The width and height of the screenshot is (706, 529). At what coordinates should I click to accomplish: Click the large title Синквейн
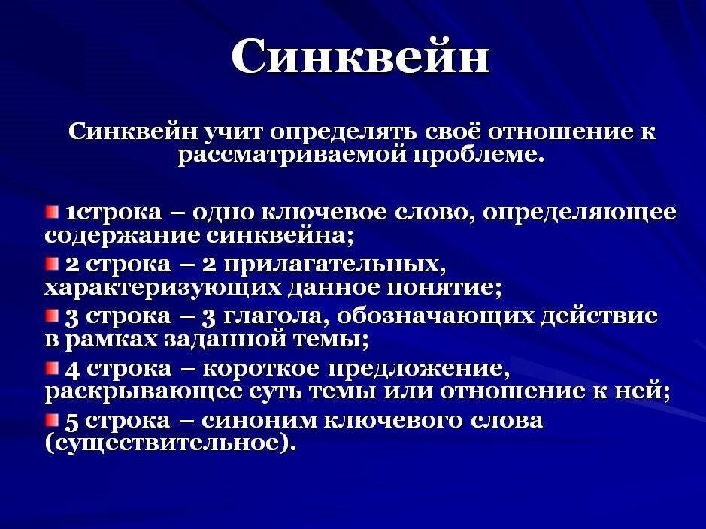click(x=360, y=56)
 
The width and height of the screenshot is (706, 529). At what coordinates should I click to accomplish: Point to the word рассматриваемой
click(x=292, y=156)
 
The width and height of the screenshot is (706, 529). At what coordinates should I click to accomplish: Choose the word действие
click(x=598, y=316)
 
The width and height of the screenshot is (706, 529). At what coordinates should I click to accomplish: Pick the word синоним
click(x=260, y=421)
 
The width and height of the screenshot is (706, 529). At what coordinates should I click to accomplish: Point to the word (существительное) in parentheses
click(x=171, y=443)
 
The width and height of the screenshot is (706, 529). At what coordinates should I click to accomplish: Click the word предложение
click(x=420, y=370)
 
